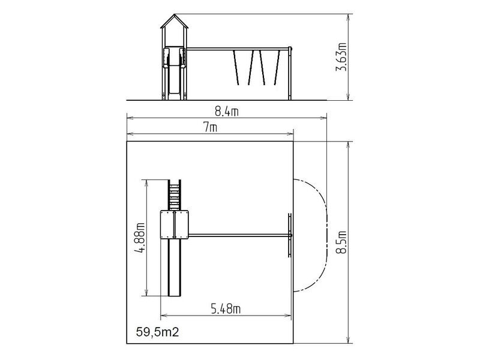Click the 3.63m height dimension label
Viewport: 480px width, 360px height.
(341, 57)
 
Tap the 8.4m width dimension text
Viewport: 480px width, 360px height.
(227, 112)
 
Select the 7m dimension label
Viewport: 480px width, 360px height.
(211, 127)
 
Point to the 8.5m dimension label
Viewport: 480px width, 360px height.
(341, 242)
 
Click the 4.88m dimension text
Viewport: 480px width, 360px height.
(140, 238)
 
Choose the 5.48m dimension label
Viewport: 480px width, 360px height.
(226, 309)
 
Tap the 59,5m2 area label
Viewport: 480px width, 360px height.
(157, 332)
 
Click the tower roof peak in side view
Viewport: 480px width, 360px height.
(175, 14)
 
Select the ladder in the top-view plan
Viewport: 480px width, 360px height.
(175, 195)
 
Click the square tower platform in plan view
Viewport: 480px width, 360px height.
(174, 224)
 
